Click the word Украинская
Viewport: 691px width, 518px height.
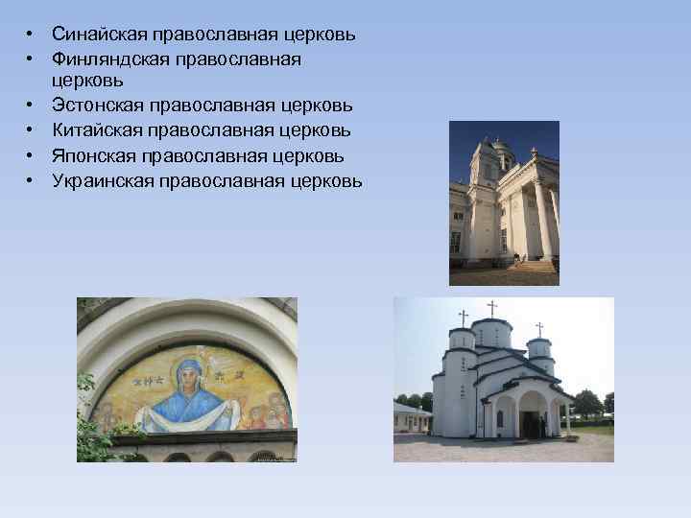click(105, 179)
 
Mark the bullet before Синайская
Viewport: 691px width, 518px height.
click(32, 35)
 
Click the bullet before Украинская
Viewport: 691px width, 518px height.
click(32, 179)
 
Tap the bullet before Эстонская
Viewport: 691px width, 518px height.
click(32, 105)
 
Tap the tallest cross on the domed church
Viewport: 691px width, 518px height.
click(492, 308)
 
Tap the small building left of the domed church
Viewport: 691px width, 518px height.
click(411, 418)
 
